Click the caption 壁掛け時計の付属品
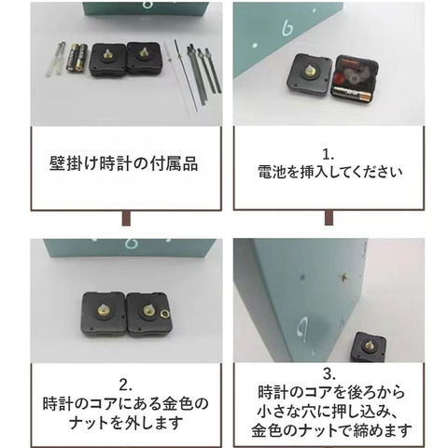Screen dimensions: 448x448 [x=124, y=163]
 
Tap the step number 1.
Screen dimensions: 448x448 [x=329, y=155]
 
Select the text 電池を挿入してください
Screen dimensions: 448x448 [x=330, y=172]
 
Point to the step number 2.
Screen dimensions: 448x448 [x=125, y=385]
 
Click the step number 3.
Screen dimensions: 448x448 [x=329, y=374]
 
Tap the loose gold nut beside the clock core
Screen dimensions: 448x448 [x=162, y=315]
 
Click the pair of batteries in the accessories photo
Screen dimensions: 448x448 [x=77, y=58]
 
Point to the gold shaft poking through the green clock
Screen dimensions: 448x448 [x=344, y=275]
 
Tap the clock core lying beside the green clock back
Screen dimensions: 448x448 [x=369, y=347]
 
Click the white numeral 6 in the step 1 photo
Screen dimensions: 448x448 [x=288, y=27]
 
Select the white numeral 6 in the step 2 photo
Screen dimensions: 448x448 [x=130, y=244]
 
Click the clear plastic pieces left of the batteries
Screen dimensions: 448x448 [x=56, y=59]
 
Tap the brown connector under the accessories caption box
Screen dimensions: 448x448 [x=126, y=217]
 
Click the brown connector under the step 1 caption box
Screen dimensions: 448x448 [x=329, y=217]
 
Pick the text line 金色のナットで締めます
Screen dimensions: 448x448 [x=331, y=430]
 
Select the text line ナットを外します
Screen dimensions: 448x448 [x=126, y=423]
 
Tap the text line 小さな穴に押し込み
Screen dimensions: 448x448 [x=327, y=412]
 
